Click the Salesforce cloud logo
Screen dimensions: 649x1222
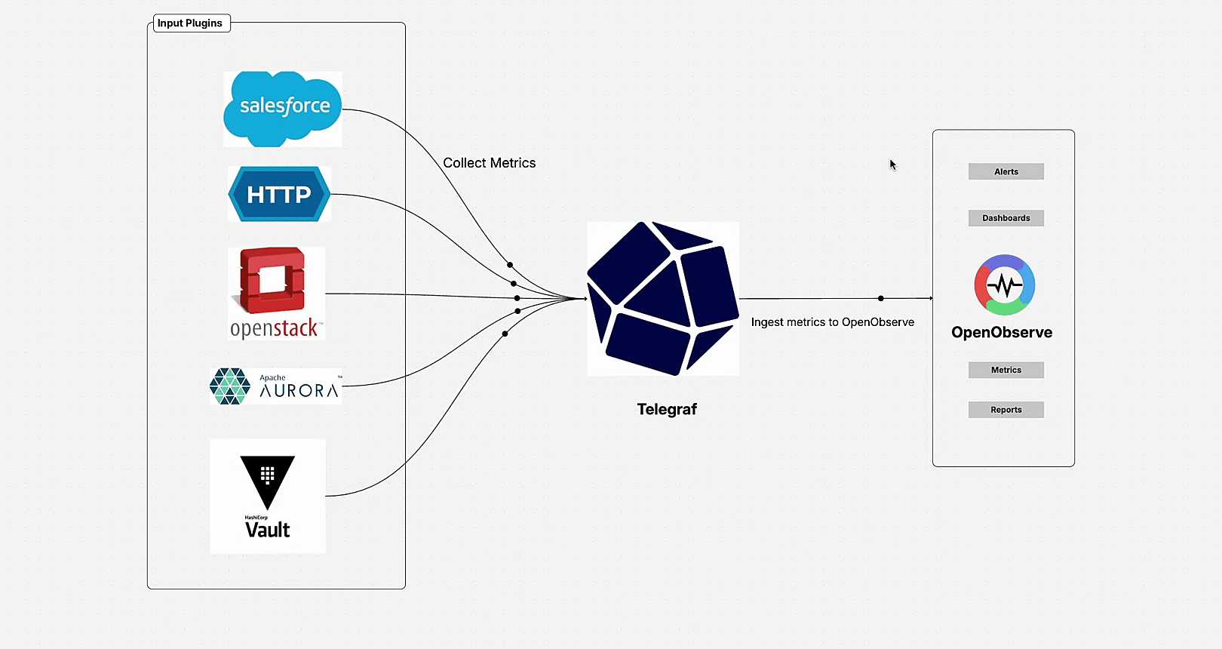(x=283, y=108)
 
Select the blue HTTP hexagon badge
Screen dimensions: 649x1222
(x=279, y=195)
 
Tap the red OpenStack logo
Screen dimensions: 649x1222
(x=273, y=281)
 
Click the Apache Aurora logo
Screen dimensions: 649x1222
(x=275, y=386)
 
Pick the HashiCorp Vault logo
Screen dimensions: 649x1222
(x=268, y=497)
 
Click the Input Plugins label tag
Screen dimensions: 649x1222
(x=189, y=23)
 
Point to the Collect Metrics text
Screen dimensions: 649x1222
(x=489, y=163)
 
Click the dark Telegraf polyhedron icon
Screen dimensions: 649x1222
(x=662, y=299)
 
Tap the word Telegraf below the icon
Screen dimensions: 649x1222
(x=666, y=410)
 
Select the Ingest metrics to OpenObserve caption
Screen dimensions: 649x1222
(x=832, y=322)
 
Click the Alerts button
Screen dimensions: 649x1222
(x=1006, y=172)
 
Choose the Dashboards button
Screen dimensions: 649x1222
(x=1006, y=218)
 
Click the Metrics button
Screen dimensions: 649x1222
(x=1006, y=370)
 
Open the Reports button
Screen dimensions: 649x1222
(x=1006, y=410)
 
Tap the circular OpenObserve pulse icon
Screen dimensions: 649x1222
(x=1004, y=285)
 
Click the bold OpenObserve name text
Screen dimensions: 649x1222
(x=1001, y=333)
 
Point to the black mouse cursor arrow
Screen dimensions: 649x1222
(x=892, y=165)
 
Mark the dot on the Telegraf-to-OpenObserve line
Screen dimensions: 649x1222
(x=880, y=299)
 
